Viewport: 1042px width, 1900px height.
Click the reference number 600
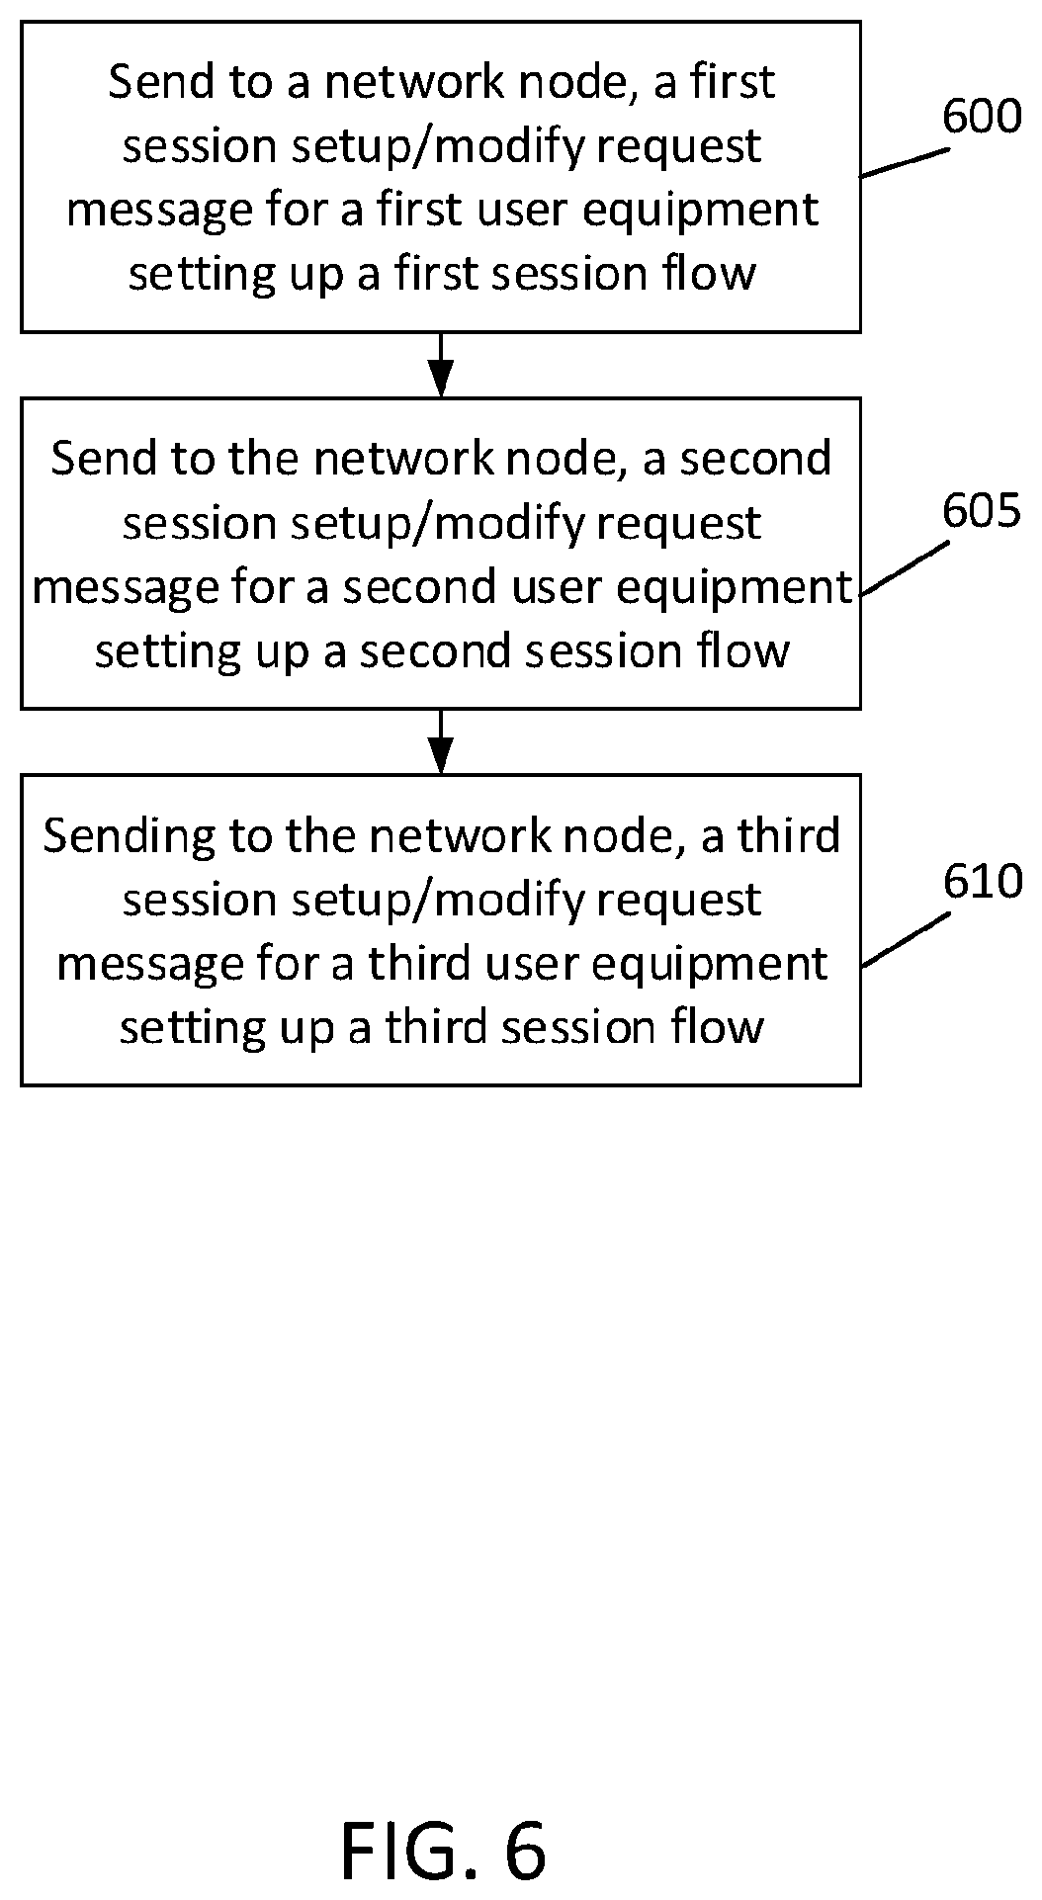tap(981, 117)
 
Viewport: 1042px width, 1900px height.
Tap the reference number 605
tap(981, 511)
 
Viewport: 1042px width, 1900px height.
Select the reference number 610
tap(982, 881)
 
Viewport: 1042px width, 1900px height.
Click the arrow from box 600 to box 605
tap(441, 365)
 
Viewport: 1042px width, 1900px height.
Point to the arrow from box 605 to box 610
tap(441, 741)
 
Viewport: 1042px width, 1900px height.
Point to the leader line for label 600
tap(905, 163)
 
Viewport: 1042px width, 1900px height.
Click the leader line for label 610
tap(905, 939)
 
